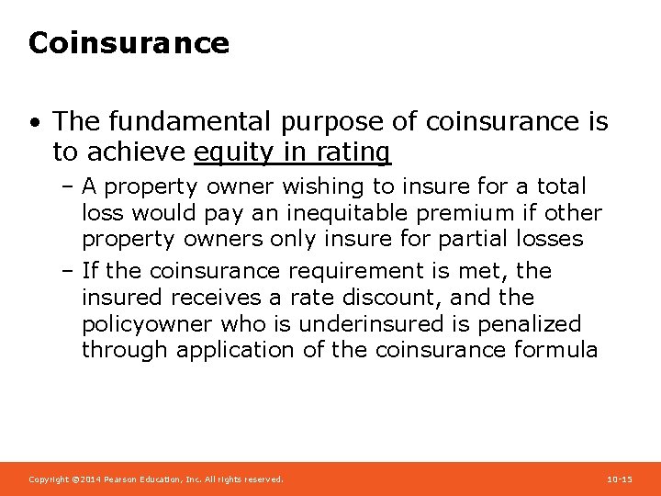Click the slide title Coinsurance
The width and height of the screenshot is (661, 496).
click(129, 43)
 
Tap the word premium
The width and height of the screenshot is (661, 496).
click(475, 213)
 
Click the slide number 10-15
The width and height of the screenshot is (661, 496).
click(620, 479)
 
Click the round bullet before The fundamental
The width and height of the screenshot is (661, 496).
click(34, 122)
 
